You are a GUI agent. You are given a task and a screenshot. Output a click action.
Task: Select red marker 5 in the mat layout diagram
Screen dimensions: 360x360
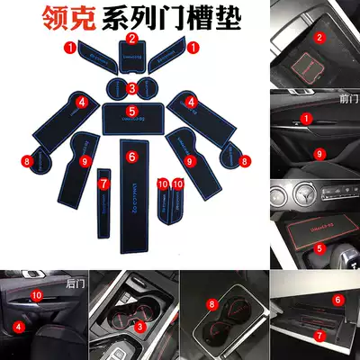click(131, 111)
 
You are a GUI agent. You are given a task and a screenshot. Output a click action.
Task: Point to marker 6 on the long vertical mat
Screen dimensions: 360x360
click(131, 157)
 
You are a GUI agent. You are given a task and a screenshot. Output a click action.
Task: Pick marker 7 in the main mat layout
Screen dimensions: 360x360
click(103, 183)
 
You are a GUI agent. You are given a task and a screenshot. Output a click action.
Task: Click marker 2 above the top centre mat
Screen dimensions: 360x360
click(131, 39)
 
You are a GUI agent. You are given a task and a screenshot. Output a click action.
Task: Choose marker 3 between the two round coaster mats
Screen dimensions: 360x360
click(131, 87)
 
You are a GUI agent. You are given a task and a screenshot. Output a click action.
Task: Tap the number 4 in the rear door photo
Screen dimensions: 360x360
click(17, 328)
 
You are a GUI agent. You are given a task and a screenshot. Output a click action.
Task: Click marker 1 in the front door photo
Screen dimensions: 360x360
click(306, 118)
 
